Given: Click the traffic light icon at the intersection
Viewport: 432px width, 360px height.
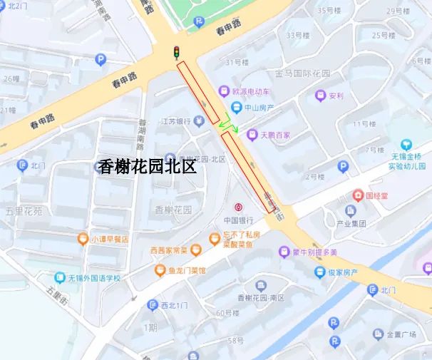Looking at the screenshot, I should (x=175, y=52).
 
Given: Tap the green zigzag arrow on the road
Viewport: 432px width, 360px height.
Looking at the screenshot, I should (x=229, y=122).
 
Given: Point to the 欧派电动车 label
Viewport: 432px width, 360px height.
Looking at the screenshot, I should (x=251, y=92).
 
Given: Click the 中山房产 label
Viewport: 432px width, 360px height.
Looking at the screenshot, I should (x=260, y=108).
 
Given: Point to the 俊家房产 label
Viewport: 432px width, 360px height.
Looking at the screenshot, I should (x=346, y=272).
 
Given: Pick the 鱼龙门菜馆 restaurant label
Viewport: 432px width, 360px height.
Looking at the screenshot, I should (x=187, y=270).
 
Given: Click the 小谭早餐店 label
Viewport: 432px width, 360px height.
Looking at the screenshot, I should (x=109, y=240).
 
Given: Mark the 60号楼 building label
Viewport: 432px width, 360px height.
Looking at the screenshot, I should (x=227, y=312).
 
